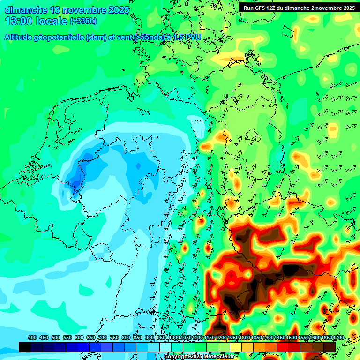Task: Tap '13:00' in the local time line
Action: point(19,21)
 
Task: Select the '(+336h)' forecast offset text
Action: point(84,21)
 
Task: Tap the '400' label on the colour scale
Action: point(32,338)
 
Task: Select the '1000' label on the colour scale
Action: point(174,338)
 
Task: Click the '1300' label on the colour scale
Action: point(245,338)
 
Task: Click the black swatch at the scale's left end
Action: point(25,347)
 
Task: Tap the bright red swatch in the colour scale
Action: point(283,347)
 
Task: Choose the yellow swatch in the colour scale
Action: point(236,347)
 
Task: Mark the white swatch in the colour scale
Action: point(165,347)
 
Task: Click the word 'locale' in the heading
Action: point(51,21)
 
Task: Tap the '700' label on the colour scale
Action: point(103,338)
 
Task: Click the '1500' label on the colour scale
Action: point(292,338)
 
